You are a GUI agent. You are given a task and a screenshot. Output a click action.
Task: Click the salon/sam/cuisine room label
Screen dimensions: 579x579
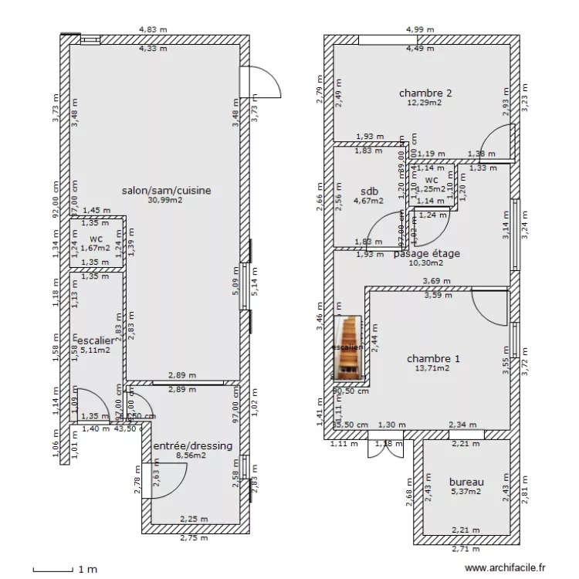tap(167, 190)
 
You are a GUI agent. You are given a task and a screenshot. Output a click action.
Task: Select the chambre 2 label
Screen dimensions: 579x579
tap(425, 93)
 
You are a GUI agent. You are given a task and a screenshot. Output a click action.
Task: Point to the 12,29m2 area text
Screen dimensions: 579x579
tap(425, 103)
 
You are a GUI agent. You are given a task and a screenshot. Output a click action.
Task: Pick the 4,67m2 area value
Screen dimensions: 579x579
tap(368, 201)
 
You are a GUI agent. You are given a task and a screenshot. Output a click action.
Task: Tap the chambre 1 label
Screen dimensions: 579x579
tap(433, 358)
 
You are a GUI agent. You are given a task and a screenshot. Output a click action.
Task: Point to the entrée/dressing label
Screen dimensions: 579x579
tap(192, 446)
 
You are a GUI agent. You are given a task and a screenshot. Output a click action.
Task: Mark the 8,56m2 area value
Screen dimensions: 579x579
tap(190, 455)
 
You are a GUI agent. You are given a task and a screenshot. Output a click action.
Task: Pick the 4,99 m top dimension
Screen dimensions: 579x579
tap(420, 30)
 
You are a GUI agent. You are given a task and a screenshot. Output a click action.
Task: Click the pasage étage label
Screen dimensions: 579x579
tap(427, 253)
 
